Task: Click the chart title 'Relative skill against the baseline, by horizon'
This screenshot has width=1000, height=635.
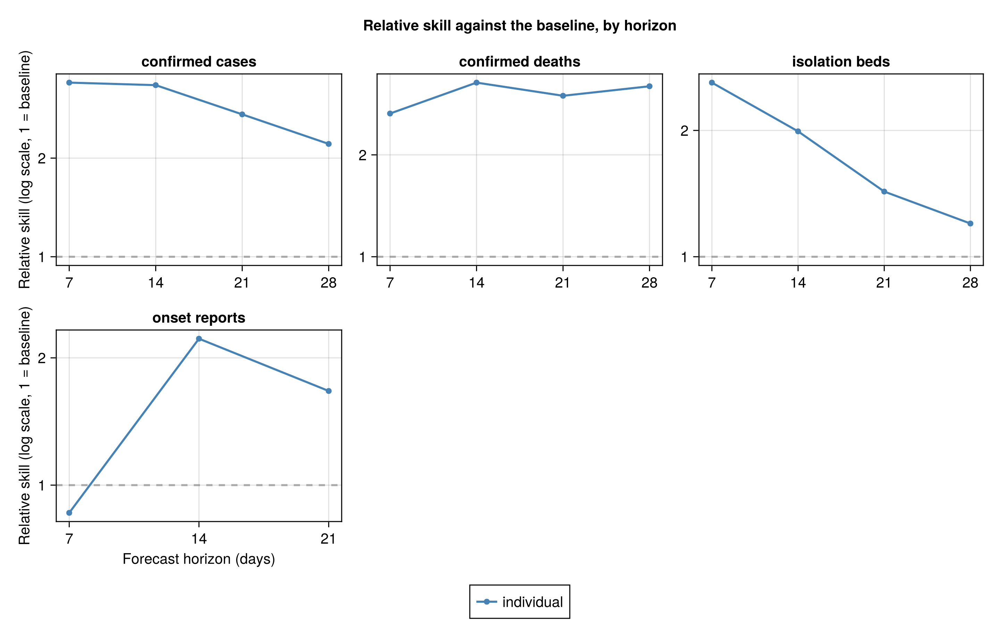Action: [519, 26]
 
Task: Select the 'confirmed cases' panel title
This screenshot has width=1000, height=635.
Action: [199, 62]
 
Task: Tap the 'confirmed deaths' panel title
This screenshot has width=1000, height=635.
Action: [519, 62]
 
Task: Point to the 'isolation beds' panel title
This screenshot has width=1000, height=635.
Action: [841, 62]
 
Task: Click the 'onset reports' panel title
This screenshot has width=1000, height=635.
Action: [199, 318]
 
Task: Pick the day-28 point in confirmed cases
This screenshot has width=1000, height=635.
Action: [328, 144]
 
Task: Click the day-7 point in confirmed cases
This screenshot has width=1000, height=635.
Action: [69, 83]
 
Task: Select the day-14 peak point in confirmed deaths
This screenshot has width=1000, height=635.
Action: [477, 83]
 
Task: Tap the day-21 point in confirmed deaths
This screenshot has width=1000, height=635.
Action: [563, 96]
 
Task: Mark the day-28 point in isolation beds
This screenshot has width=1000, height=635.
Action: [970, 224]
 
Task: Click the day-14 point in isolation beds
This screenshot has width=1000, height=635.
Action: [798, 132]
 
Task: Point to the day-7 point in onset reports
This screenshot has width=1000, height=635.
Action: [69, 513]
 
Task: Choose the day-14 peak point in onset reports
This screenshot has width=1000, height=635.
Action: [199, 339]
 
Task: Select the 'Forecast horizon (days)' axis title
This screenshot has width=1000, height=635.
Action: [199, 559]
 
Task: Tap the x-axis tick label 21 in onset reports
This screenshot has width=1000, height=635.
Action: [328, 539]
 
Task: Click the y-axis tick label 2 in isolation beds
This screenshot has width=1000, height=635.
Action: [684, 131]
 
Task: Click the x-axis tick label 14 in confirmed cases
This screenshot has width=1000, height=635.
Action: [156, 283]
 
